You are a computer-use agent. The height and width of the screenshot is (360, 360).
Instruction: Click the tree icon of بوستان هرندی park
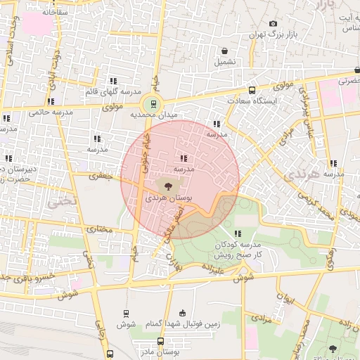[167, 186]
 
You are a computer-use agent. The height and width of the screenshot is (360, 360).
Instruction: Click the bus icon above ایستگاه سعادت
[252, 90]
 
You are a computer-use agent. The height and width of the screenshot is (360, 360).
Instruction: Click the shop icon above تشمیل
[224, 51]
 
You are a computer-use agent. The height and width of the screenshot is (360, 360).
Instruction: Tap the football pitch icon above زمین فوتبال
[183, 313]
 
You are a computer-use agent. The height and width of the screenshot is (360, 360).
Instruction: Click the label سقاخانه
[56, 12]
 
